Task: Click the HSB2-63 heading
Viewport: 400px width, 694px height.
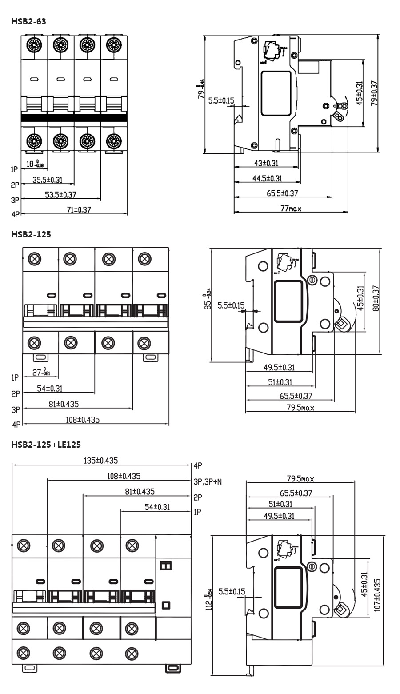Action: pos(28,21)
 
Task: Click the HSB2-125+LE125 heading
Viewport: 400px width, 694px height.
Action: pos(46,444)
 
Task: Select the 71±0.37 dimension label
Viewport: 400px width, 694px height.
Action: pos(79,210)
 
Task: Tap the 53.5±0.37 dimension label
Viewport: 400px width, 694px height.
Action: pos(60,195)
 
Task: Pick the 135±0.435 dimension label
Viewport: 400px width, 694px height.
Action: pos(101,461)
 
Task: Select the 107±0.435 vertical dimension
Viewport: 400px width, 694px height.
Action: pos(377,595)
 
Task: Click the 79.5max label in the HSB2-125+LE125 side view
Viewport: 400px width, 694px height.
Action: pos(300,479)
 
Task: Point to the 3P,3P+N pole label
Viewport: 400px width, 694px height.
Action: pos(208,481)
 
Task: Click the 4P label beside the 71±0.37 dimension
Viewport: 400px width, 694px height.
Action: pos(16,214)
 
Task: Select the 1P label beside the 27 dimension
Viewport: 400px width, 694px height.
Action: pos(16,377)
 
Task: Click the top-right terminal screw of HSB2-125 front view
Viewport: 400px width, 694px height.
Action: pos(144,258)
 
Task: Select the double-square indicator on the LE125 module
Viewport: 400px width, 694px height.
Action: pos(165,565)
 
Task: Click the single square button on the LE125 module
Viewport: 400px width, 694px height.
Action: pos(166,605)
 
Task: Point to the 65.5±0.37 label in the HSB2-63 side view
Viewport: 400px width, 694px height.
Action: pos(282,193)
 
